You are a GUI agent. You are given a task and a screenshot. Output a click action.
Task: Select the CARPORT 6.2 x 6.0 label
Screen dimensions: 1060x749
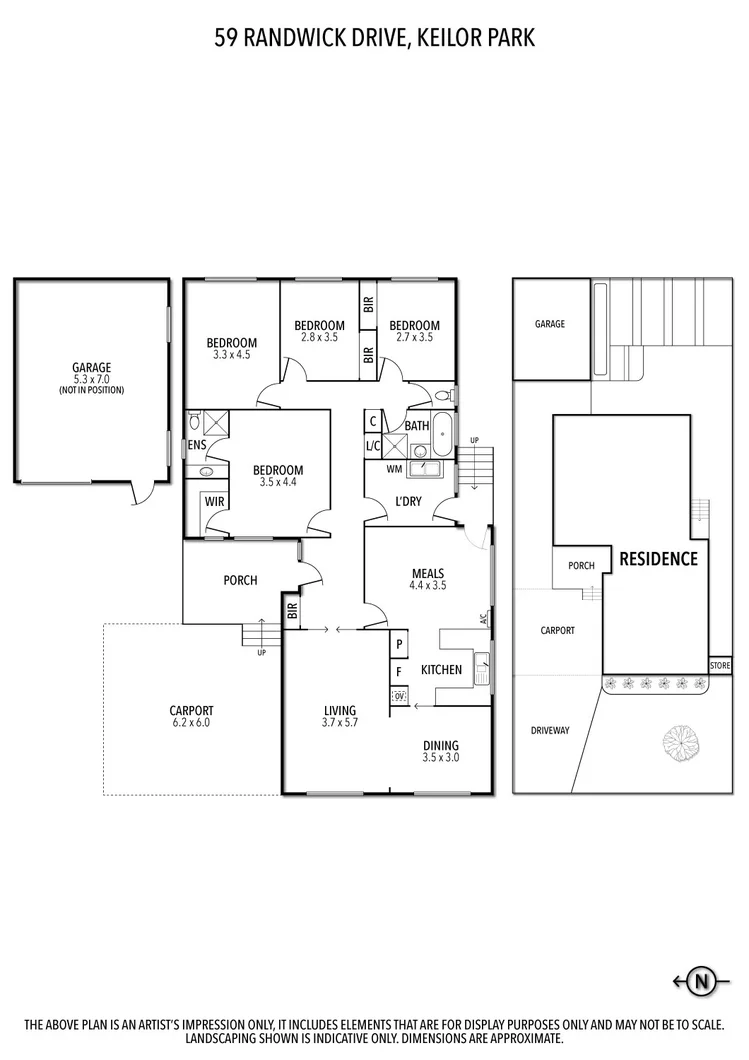(x=191, y=716)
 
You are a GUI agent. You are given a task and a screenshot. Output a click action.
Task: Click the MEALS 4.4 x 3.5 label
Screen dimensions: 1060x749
(x=428, y=580)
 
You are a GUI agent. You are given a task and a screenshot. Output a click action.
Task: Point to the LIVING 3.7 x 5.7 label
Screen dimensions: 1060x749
(x=339, y=715)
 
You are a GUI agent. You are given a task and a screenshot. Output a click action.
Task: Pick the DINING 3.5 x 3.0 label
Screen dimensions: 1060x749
(x=440, y=751)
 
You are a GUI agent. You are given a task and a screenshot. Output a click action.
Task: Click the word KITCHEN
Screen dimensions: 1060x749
(x=441, y=670)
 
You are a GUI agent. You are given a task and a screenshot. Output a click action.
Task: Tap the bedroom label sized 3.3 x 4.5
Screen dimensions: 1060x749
(x=232, y=348)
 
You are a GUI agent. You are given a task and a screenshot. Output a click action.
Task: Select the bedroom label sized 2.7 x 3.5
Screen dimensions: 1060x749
(x=414, y=331)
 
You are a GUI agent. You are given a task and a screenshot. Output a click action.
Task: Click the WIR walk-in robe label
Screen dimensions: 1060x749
(x=214, y=501)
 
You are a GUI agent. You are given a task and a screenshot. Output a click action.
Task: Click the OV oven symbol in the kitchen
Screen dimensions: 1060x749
(x=399, y=696)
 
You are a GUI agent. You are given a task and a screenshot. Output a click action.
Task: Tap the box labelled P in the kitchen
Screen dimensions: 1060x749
(x=399, y=644)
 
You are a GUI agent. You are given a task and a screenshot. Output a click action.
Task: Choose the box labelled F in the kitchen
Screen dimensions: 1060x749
(x=399, y=671)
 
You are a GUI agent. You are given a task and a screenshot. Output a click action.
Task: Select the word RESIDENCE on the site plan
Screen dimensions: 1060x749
(x=658, y=559)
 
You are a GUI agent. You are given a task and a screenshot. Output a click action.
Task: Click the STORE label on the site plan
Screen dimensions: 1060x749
(x=720, y=665)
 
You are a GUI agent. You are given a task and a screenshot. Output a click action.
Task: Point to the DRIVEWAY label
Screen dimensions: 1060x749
(x=550, y=731)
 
